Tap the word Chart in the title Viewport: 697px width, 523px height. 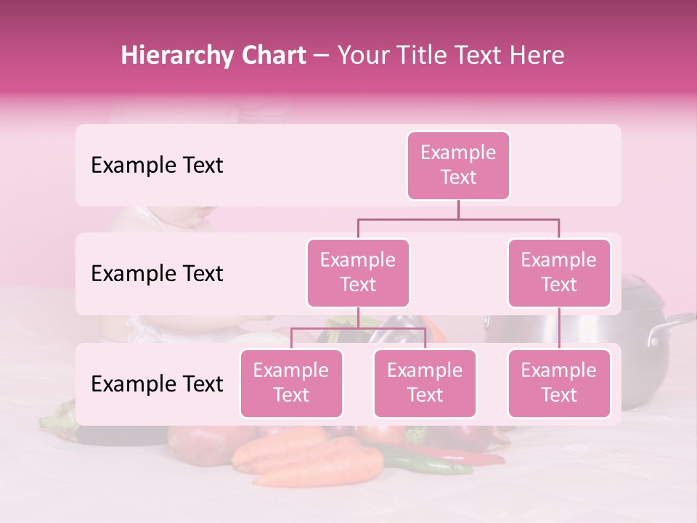pyautogui.click(x=273, y=56)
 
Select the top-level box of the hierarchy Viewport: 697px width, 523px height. pyautogui.click(x=458, y=165)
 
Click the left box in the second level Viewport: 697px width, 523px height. pyautogui.click(x=358, y=272)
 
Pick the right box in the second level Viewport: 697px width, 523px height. pyautogui.click(x=559, y=272)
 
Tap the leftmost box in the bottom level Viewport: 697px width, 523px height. pyautogui.click(x=291, y=383)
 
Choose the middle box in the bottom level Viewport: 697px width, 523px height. pyautogui.click(x=425, y=383)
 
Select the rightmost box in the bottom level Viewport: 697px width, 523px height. pyautogui.click(x=559, y=383)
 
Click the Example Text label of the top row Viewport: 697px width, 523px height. pyautogui.click(x=157, y=166)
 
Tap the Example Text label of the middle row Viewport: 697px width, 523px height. pyautogui.click(x=157, y=274)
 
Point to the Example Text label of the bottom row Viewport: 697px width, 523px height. pyautogui.click(x=157, y=384)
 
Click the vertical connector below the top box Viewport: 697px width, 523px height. pyautogui.click(x=458, y=209)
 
